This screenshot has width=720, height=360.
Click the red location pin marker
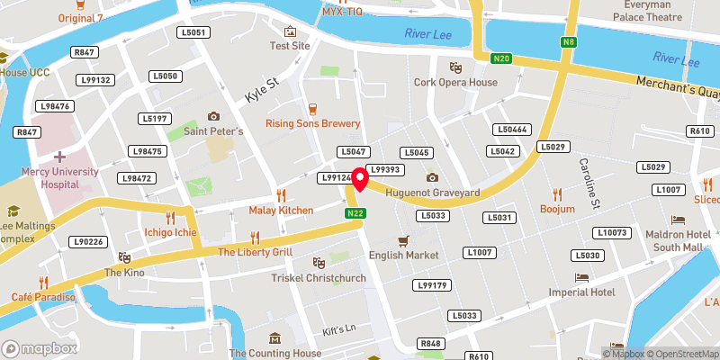pos(359,178)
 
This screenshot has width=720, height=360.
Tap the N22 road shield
pos(355,213)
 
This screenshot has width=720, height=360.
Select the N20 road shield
pos(501,59)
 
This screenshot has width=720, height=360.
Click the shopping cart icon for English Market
pos(403,240)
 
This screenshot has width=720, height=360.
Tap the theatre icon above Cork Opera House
pos(455,67)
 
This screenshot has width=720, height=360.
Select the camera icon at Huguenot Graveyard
pos(432,177)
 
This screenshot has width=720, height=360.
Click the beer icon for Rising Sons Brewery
pos(313,108)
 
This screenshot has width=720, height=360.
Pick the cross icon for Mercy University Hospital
pos(59,157)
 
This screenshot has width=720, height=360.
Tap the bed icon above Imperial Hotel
pos(582,277)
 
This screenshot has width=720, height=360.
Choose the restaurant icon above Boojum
pos(557,193)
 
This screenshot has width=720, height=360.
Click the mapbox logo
pos(40,347)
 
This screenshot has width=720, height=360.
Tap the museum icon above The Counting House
pos(274,338)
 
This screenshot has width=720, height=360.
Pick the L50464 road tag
pos(512,130)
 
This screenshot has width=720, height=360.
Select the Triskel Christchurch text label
pos(319,278)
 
